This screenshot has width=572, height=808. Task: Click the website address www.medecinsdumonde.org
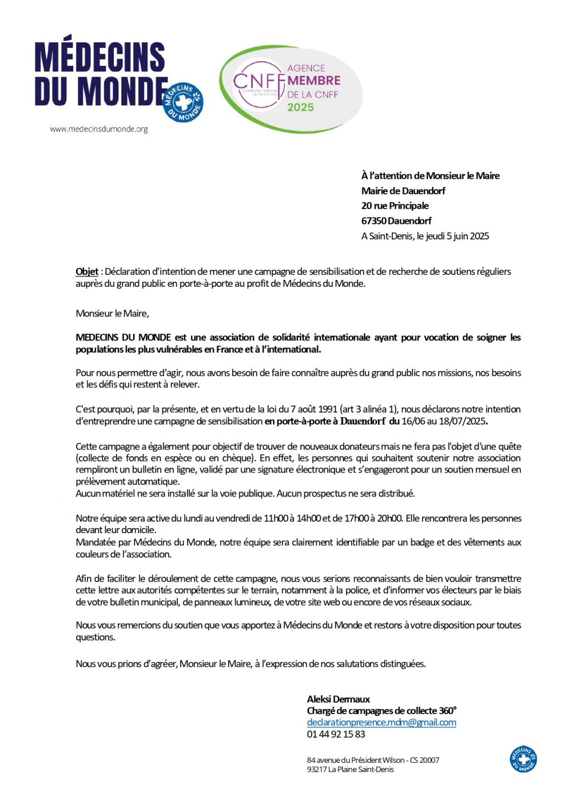coord(98,129)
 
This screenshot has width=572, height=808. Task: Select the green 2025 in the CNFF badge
coord(300,107)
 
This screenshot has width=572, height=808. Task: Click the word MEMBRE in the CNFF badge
coord(313,81)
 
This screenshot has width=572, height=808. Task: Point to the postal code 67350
coord(374,221)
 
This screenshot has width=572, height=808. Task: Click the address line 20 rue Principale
coord(395,206)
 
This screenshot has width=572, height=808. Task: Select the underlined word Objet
coord(87,271)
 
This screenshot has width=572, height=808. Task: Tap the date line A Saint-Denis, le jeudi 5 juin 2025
coord(425,236)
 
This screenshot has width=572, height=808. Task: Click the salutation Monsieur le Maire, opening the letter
coord(112,313)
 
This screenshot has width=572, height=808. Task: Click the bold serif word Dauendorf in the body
coord(363,422)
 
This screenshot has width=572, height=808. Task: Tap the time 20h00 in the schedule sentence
coord(389,518)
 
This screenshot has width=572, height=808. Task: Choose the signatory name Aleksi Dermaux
coord(338,699)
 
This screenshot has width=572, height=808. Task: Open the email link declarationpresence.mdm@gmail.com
coord(381,722)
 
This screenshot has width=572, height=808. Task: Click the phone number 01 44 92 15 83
coord(336,734)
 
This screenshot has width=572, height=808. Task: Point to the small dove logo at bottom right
coord(523,759)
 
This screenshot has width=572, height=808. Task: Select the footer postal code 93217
coord(316,769)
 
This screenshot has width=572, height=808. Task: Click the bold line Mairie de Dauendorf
coord(403,191)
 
